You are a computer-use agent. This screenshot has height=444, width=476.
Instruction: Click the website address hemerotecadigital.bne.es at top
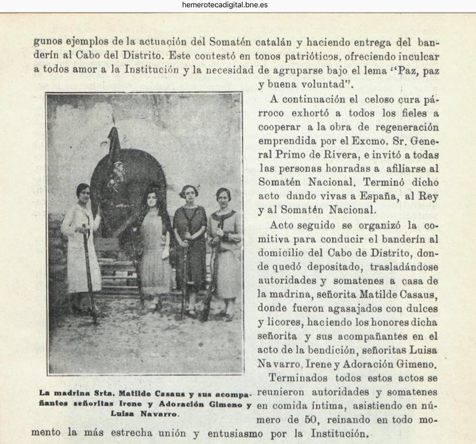tap(224, 5)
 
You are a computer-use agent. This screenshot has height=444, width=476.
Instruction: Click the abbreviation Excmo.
tap(378, 141)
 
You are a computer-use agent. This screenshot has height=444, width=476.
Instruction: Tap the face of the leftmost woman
tap(84, 193)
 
